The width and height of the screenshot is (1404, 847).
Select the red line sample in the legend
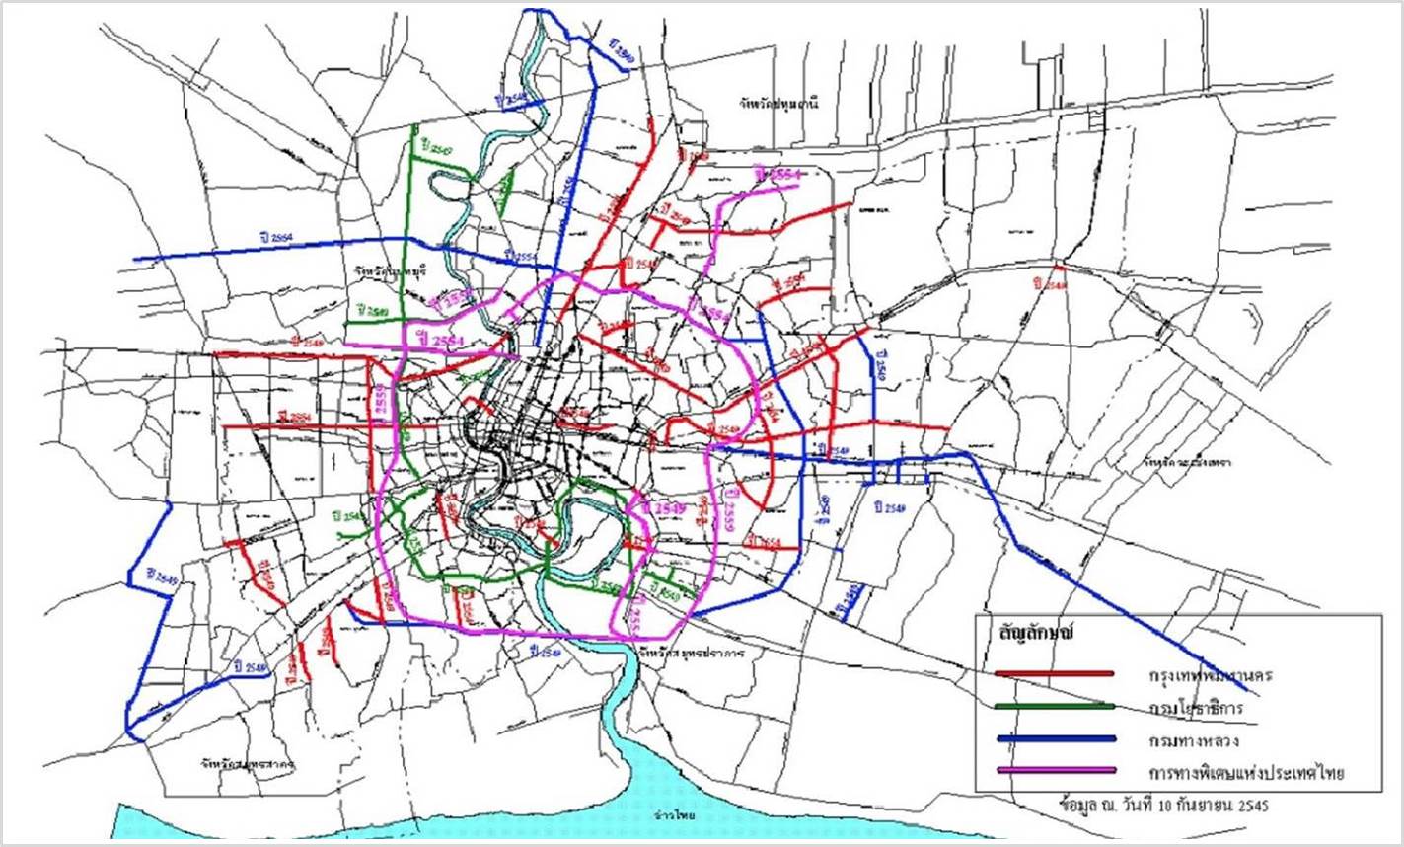[x=1055, y=674]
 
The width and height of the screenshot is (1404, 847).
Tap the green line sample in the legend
[x=1055, y=706]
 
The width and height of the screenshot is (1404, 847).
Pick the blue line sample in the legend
[x=1055, y=738]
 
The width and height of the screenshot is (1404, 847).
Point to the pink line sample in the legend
[x=1055, y=770]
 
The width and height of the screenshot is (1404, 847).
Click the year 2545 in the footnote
[x=1250, y=805]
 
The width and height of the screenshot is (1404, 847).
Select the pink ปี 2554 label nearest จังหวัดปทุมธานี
[x=776, y=175]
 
